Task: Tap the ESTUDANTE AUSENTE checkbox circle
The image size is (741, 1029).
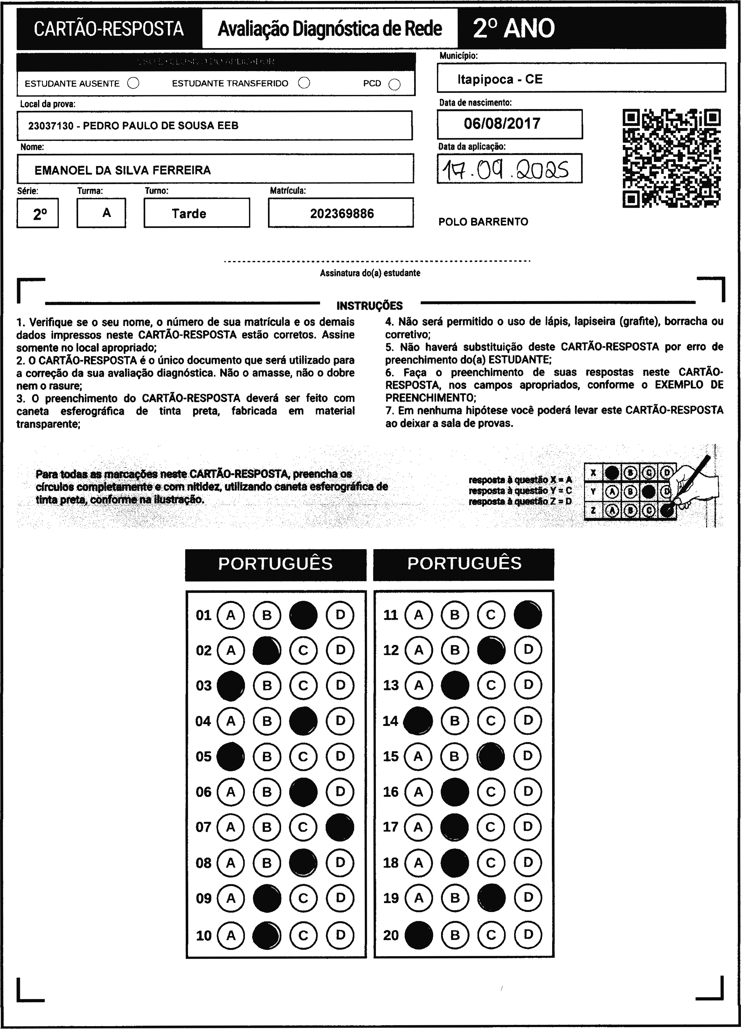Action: (x=134, y=84)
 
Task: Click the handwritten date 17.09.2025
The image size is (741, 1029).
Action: (x=509, y=169)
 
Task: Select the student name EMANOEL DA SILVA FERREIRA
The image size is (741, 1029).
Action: (x=122, y=170)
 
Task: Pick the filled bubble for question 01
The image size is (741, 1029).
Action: (x=303, y=615)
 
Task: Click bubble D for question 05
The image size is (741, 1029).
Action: (x=340, y=756)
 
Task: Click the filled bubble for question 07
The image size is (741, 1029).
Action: (x=340, y=827)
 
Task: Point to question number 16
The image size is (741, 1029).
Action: (x=390, y=792)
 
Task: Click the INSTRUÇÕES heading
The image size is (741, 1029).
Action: (x=369, y=306)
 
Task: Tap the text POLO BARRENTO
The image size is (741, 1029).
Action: (x=483, y=222)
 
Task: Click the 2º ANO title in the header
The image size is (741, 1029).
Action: (x=514, y=28)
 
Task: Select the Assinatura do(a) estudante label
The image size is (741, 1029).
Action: (x=370, y=273)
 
